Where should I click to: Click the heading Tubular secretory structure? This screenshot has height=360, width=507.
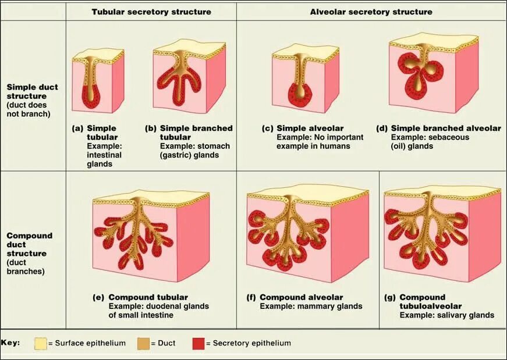(x=151, y=12)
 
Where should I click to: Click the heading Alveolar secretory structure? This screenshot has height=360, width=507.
(x=371, y=12)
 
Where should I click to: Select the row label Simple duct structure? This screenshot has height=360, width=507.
(x=32, y=96)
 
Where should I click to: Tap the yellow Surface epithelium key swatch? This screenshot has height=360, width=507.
(x=41, y=343)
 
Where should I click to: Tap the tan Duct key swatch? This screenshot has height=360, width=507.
(x=143, y=343)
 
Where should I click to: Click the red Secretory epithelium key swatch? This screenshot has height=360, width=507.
(x=198, y=343)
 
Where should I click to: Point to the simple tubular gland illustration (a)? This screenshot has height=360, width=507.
(x=98, y=81)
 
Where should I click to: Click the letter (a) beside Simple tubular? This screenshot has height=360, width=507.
(x=77, y=128)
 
